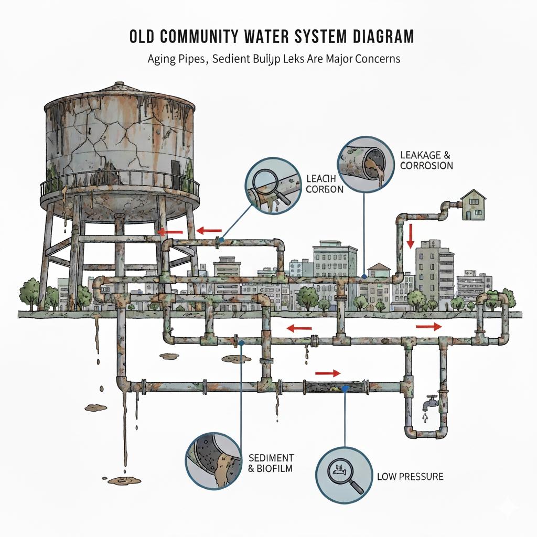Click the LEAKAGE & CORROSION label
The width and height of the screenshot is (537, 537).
point(426,160)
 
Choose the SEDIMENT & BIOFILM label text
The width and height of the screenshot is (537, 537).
point(271,463)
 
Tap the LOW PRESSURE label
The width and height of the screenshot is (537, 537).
point(410,477)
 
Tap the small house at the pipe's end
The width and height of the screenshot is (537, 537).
point(473,206)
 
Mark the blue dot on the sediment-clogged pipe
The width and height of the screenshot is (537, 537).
point(345,389)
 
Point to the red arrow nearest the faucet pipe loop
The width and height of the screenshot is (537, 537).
point(428,326)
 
